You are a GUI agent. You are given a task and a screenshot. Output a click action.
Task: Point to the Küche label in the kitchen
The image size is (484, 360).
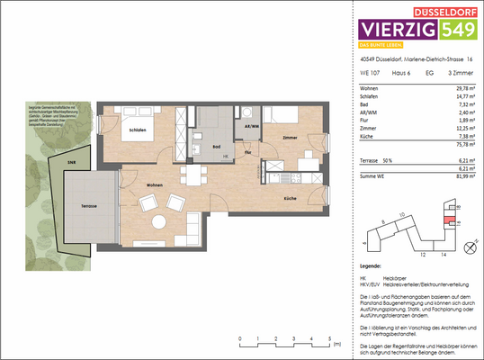tap(290, 197)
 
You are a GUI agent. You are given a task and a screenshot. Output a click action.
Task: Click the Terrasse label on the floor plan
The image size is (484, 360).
tap(87, 206)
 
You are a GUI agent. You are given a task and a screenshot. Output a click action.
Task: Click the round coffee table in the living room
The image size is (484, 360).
tap(157, 221)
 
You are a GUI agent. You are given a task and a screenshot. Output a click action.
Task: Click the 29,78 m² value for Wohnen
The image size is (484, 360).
tap(452, 88)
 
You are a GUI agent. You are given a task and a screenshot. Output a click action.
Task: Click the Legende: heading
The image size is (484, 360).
tap(370, 267)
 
